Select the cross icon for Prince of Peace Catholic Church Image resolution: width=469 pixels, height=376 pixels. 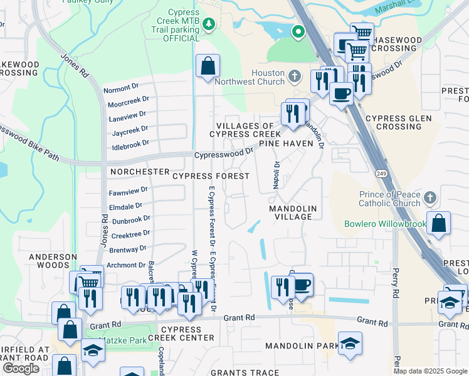coord(429,199)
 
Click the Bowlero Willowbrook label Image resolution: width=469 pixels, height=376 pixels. coord(384,224)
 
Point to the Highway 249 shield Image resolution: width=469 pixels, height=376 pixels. coord(381,172)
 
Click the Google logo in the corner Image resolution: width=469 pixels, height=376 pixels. coord(21,368)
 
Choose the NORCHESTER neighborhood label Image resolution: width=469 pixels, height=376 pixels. coord(139,171)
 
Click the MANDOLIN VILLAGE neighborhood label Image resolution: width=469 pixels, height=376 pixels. coord(290,212)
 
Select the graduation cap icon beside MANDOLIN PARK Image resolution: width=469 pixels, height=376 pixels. coord(350,343)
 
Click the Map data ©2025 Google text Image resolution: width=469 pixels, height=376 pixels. coord(430,371)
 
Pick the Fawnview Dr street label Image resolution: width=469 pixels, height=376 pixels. coord(128,189)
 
